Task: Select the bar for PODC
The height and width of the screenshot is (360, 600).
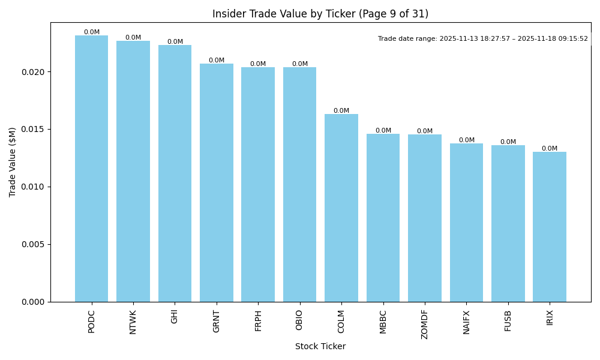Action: [x=91, y=169]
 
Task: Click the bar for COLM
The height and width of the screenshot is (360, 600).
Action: [x=341, y=208]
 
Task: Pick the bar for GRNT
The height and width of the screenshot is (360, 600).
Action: [x=216, y=182]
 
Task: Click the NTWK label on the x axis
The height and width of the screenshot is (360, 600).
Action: [x=133, y=322]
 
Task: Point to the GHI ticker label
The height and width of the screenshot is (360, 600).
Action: [x=175, y=316]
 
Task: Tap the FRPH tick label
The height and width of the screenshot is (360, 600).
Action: [x=258, y=320]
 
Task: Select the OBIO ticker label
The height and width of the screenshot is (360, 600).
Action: [x=299, y=320]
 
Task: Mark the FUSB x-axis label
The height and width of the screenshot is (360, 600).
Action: [x=508, y=320]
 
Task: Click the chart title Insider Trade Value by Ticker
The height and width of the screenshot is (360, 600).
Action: [x=320, y=14]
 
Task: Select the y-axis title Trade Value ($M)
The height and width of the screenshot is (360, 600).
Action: [x=13, y=162]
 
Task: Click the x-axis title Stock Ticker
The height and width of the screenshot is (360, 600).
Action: [x=320, y=346]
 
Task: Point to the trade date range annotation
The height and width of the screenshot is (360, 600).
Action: [x=482, y=39]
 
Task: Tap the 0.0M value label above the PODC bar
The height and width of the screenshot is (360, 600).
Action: [x=91, y=32]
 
